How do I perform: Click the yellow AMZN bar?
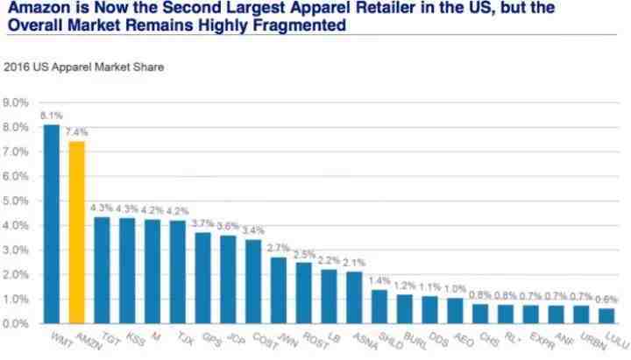point(76,232)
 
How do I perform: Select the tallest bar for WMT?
point(52,223)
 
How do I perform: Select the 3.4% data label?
point(253,230)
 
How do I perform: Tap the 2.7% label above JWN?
point(280,249)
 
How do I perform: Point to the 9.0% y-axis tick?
point(17,103)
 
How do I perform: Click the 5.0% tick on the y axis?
point(17,201)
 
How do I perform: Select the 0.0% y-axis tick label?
point(17,324)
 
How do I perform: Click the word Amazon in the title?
point(33,10)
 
